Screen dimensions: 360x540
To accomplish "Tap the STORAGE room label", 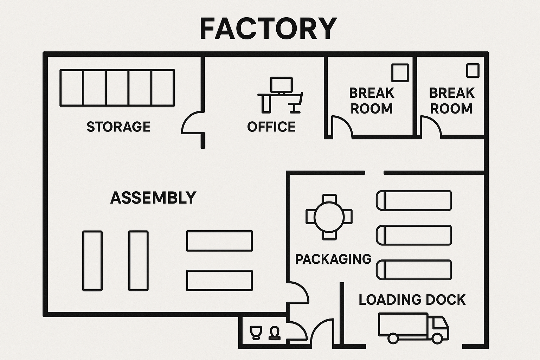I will [x=118, y=127].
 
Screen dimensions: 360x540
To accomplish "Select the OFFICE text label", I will [x=271, y=127].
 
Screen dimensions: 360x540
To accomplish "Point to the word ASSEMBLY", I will [x=153, y=198].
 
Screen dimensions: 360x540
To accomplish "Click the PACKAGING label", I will [x=333, y=259].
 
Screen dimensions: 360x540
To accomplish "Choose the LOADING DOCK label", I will [x=412, y=300].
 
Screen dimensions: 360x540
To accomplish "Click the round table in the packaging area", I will [x=329, y=217].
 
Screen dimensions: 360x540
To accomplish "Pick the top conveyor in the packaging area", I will [x=414, y=200].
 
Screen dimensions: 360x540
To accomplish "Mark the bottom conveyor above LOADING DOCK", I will [x=414, y=270].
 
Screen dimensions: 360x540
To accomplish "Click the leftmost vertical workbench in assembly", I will [x=92, y=261].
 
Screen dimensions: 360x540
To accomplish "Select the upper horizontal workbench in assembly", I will [x=219, y=241].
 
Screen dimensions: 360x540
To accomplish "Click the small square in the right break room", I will [x=472, y=71].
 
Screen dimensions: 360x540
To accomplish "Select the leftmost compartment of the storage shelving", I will [x=71, y=88].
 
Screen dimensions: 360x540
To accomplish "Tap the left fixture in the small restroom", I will [x=256, y=332].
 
